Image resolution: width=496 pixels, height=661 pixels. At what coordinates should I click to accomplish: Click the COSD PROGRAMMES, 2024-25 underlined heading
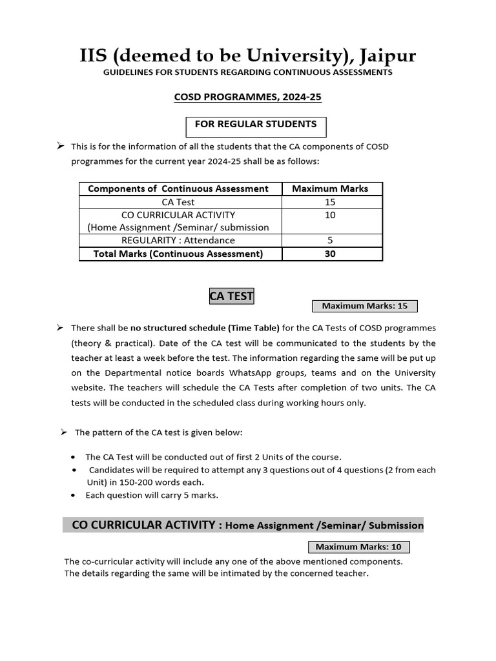[248, 97]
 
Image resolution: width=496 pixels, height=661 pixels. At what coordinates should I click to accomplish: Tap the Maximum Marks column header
[330, 188]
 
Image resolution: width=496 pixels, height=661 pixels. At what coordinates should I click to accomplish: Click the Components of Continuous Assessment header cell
[178, 188]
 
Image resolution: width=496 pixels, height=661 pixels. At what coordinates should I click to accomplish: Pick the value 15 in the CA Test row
[330, 202]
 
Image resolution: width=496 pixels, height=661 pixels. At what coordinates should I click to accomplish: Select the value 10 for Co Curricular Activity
[330, 215]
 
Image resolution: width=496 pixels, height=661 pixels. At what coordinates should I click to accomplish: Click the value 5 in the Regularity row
[330, 240]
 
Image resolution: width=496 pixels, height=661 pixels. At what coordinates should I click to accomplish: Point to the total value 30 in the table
[330, 254]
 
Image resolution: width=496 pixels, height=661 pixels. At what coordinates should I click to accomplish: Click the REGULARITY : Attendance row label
[180, 240]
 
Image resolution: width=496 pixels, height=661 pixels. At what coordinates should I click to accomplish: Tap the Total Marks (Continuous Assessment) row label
[178, 254]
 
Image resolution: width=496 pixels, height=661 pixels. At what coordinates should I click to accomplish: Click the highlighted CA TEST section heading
[231, 296]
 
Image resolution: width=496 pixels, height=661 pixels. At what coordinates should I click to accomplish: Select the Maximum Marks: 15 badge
[364, 306]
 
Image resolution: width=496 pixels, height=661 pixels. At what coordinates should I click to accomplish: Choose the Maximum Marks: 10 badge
[358, 547]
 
